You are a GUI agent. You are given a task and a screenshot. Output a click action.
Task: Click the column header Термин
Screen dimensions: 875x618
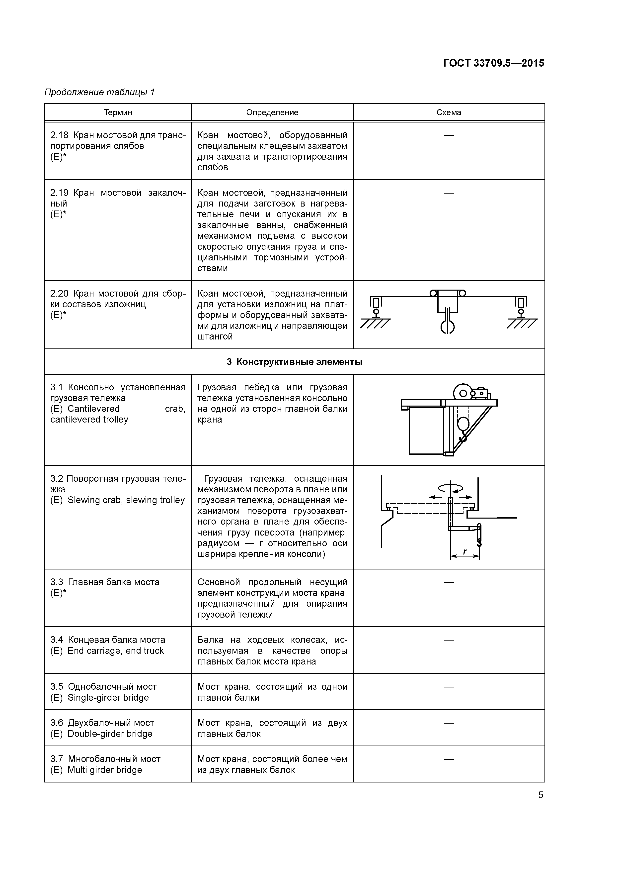[x=118, y=112]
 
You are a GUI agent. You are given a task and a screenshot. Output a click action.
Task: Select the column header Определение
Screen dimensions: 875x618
[x=272, y=112]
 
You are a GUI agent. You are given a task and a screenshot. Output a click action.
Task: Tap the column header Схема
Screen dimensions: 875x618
[x=449, y=112]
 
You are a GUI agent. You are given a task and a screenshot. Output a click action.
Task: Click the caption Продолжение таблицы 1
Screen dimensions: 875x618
[x=100, y=92]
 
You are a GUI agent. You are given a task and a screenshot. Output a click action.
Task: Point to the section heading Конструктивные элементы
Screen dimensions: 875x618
[x=299, y=362]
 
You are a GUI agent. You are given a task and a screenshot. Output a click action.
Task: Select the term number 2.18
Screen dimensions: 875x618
[x=59, y=135]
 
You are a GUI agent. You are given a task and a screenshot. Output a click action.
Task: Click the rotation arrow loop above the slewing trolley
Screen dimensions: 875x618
[x=451, y=488]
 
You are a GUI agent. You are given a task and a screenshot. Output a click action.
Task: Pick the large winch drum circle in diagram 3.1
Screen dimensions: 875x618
[x=463, y=393]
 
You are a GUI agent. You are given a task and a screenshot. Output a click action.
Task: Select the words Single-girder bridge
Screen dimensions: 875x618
[x=108, y=698]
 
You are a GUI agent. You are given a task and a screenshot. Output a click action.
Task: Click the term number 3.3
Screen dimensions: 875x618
[x=57, y=582]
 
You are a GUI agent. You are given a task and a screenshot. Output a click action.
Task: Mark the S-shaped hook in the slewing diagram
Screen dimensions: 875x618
[x=479, y=542]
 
